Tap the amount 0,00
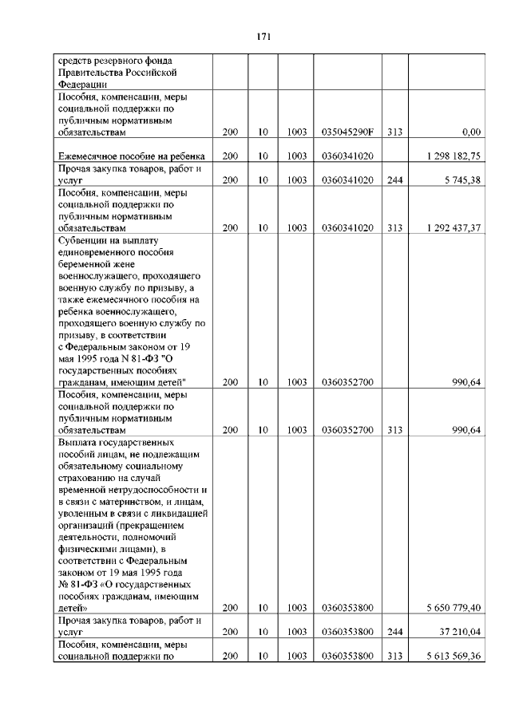(x=471, y=131)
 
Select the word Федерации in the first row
(x=82, y=83)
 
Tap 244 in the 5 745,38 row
(x=394, y=180)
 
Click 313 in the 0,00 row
(x=394, y=131)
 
